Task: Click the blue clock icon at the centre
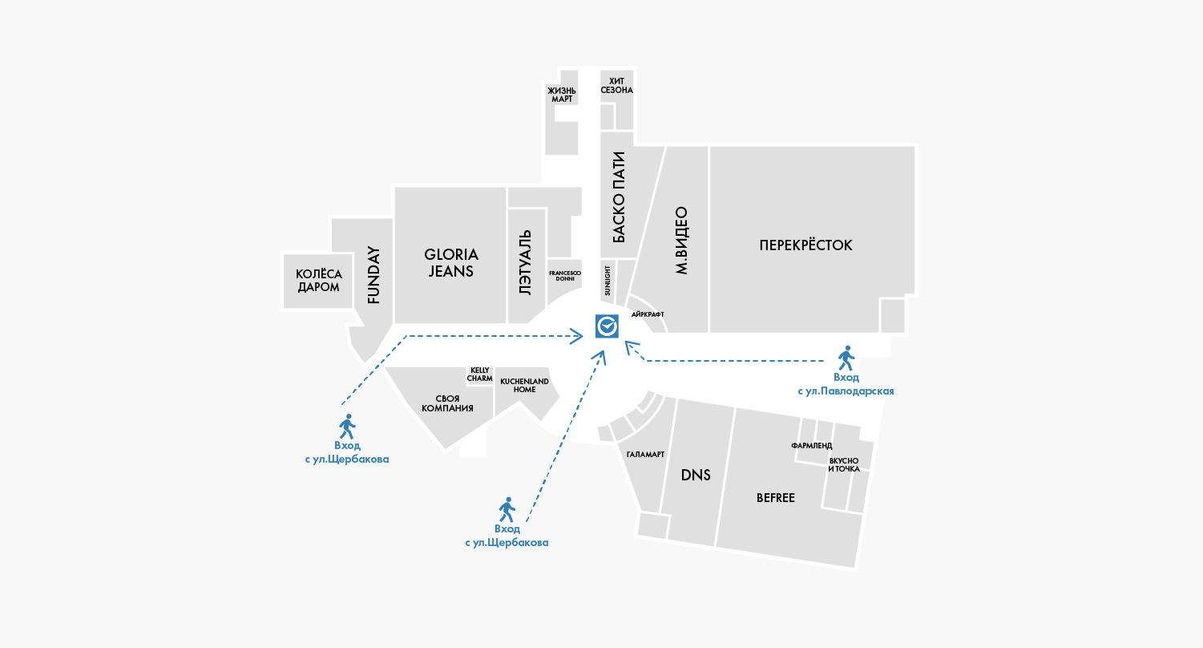pos(606,326)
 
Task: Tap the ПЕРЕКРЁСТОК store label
pos(805,245)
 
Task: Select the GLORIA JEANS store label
pos(451,263)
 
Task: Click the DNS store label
pos(696,475)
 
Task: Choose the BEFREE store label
pos(775,498)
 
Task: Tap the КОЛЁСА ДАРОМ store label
pos(318,281)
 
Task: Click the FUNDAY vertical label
pos(373,274)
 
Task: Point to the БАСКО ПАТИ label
pos(618,196)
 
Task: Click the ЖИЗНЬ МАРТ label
pos(562,94)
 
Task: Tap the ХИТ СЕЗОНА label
pos(616,85)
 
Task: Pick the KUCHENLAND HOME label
pos(524,385)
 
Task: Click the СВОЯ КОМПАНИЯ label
pos(447,403)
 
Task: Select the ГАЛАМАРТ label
pos(645,454)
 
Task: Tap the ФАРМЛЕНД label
pos(811,445)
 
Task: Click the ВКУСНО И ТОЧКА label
pos(844,464)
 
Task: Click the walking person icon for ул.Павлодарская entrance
pos(846,357)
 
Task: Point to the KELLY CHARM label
pos(479,374)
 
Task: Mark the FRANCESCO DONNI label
pos(564,275)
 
